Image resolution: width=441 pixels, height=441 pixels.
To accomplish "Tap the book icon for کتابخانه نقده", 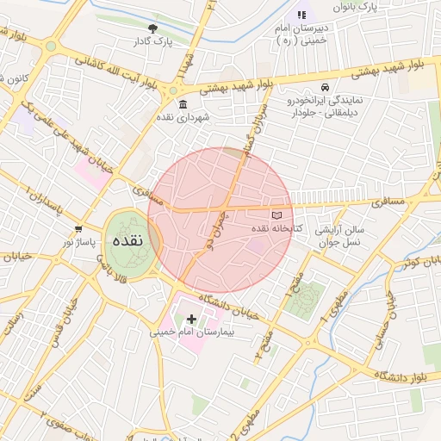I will point(276,215).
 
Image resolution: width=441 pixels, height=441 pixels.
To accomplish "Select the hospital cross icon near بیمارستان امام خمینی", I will point(191,319).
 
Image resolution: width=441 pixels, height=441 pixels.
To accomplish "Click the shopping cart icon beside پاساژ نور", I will point(78,229).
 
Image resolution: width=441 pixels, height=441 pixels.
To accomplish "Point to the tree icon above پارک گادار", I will point(153,28).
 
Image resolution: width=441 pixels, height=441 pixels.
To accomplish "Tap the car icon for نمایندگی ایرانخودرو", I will point(325,88).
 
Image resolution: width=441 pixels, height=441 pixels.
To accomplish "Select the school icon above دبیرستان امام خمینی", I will point(301,15).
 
